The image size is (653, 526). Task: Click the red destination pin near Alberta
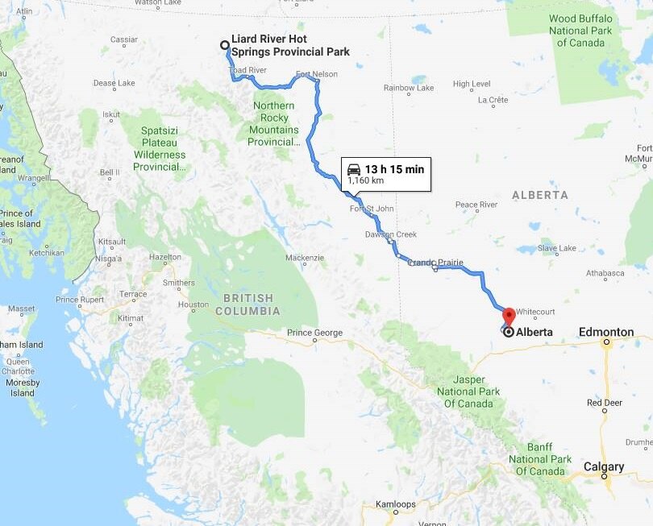click(509, 316)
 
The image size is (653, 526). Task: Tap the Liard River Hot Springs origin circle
click(225, 46)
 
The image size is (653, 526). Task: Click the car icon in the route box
click(354, 169)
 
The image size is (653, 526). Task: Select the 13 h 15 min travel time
click(394, 169)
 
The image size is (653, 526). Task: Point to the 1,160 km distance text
click(365, 181)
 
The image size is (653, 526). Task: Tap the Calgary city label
click(604, 466)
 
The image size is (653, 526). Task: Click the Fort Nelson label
click(316, 74)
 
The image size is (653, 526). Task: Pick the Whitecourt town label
click(536, 311)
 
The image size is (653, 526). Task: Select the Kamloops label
click(395, 505)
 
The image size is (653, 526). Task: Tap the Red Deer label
click(604, 402)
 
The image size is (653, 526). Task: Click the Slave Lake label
click(556, 248)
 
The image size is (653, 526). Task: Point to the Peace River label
click(476, 205)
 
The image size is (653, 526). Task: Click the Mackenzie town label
click(305, 258)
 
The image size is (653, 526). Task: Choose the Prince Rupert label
click(80, 300)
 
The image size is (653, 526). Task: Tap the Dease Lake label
click(114, 82)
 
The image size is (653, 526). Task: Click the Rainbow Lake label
click(409, 88)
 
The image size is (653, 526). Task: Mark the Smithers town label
click(178, 283)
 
